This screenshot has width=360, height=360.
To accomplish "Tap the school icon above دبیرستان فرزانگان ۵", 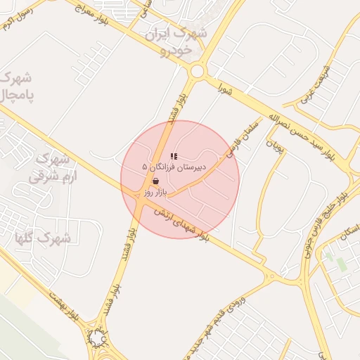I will click(x=174, y=156).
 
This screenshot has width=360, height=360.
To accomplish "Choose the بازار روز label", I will click(x=154, y=191).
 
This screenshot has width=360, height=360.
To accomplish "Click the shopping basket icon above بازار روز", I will click(x=155, y=181).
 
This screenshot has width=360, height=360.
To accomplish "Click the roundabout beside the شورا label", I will click(x=197, y=71).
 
